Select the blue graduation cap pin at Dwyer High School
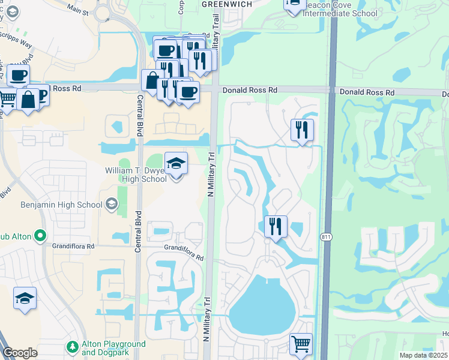pyautogui.click(x=175, y=164)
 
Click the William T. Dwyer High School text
pyautogui.click(x=137, y=174)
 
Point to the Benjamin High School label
pyautogui.click(x=61, y=205)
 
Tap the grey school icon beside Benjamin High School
pyautogui.click(x=111, y=205)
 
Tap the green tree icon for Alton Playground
pyautogui.click(x=73, y=347)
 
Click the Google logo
pyautogui.click(x=20, y=353)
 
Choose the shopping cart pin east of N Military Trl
pyautogui.click(x=301, y=344)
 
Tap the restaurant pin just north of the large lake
pyautogui.click(x=276, y=227)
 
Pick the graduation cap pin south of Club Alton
pyautogui.click(x=25, y=299)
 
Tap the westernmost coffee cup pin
pyautogui.click(x=18, y=76)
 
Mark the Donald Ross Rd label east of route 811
pyautogui.click(x=367, y=93)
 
